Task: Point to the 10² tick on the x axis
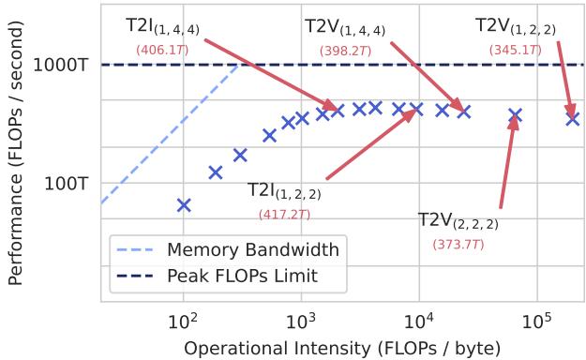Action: [183, 323]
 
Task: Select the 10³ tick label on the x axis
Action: [301, 323]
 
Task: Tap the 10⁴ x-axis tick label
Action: [419, 323]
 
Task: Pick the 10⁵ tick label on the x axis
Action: [537, 323]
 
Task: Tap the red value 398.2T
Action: [345, 50]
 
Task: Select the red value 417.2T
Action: [284, 214]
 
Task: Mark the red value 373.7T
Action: [458, 244]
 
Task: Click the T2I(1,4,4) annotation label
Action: [160, 25]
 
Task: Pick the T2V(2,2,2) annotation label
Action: [458, 221]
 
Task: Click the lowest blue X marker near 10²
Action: [184, 204]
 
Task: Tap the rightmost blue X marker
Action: [572, 118]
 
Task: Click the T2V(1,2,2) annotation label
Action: [515, 25]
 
